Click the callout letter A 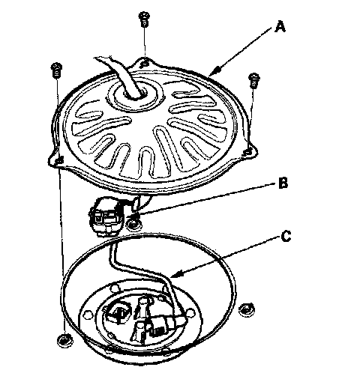pyautogui.click(x=280, y=27)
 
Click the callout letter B pyautogui.click(x=283, y=183)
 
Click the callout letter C pyautogui.click(x=286, y=236)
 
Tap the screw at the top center pyautogui.click(x=144, y=19)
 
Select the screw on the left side pyautogui.click(x=56, y=70)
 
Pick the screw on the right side pyautogui.click(x=254, y=80)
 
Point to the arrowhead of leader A pyautogui.click(x=214, y=71)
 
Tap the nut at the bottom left pyautogui.click(x=64, y=340)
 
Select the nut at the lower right pyautogui.click(x=246, y=309)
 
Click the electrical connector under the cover pyautogui.click(x=106, y=216)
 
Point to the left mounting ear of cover pyautogui.click(x=58, y=160)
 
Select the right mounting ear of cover pyautogui.click(x=249, y=151)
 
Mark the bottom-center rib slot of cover pyautogui.click(x=145, y=160)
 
